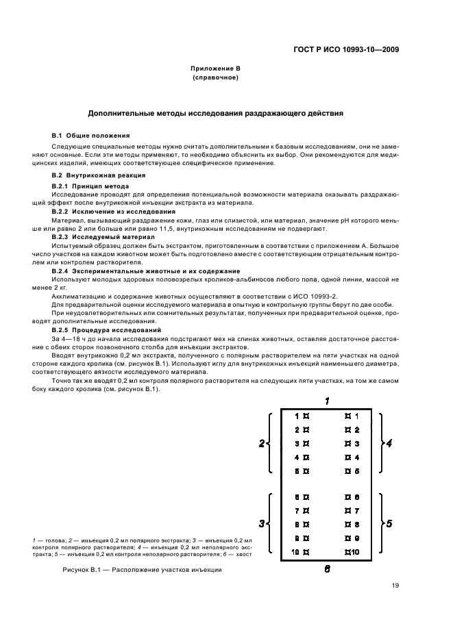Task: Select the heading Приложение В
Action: coord(215,70)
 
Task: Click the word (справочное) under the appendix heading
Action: coord(215,78)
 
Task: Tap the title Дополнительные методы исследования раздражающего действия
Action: coord(215,112)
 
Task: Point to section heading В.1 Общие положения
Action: coord(90,136)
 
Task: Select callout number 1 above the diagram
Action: coord(328,401)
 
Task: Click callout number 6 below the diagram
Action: coord(327,568)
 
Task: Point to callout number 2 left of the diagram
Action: coord(261,443)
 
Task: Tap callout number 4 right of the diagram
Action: coord(389,443)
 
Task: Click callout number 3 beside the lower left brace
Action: coord(261,524)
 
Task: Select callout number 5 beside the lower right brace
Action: coord(389,524)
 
